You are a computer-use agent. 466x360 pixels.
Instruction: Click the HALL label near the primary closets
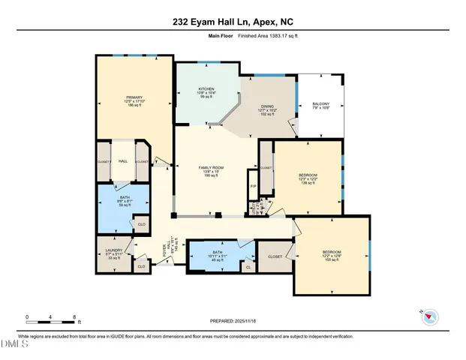(124, 161)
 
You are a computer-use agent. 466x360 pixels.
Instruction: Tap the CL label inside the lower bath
(248, 266)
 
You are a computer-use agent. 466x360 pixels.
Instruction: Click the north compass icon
(430, 316)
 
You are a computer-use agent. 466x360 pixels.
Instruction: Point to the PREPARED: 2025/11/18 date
(233, 321)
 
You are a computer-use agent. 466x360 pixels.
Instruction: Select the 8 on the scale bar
(74, 316)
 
